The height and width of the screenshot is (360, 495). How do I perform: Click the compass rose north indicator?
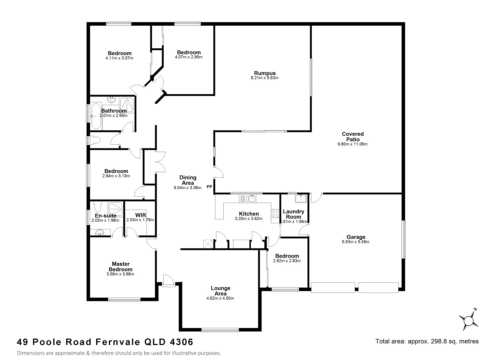(469, 320)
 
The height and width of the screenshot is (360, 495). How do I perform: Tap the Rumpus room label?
(265, 73)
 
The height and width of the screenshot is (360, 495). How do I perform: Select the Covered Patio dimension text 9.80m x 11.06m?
(352, 144)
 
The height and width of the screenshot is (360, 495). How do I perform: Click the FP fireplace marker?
(209, 187)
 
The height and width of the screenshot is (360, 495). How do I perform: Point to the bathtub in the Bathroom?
(95, 116)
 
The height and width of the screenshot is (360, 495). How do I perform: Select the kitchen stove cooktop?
(275, 213)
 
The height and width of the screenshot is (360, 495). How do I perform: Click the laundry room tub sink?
(301, 199)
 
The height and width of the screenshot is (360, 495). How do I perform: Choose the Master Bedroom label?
(120, 267)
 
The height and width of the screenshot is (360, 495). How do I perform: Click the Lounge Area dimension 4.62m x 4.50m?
(220, 298)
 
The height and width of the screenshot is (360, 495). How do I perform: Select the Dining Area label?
(188, 180)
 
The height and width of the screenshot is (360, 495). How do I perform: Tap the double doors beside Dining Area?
(160, 162)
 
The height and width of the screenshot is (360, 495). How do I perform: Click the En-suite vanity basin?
(99, 232)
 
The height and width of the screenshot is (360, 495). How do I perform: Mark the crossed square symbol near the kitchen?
(208, 244)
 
